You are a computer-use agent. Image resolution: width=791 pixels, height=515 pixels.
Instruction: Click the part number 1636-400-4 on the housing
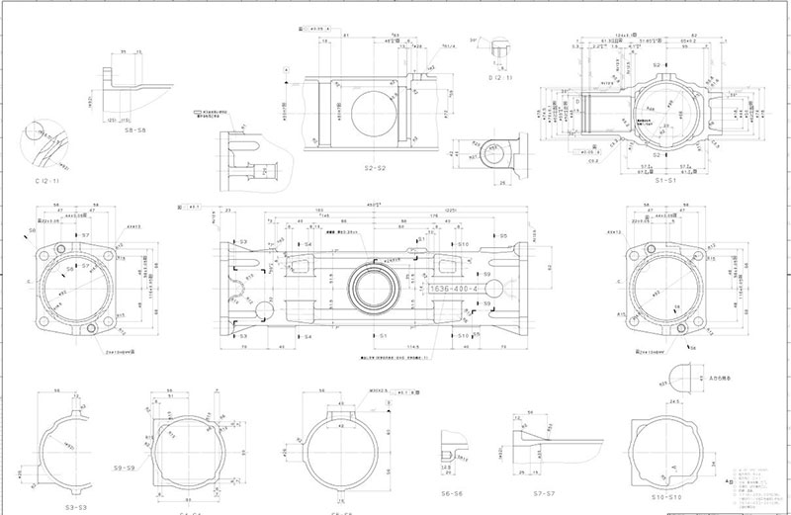coord(454,287)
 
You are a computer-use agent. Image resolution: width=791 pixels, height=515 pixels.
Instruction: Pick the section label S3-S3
coord(76,506)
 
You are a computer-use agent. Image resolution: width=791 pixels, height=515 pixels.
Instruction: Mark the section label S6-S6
coord(453,491)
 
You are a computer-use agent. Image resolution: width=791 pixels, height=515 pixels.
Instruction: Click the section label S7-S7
coord(532,491)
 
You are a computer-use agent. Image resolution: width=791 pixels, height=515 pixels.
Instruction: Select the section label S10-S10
coord(666,496)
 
